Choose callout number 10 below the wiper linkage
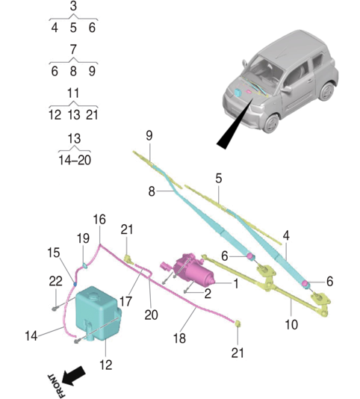[x=291, y=324]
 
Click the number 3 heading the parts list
[x=72, y=7]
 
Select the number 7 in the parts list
[x=72, y=50]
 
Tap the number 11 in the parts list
[x=72, y=93]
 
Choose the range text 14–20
[x=72, y=159]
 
